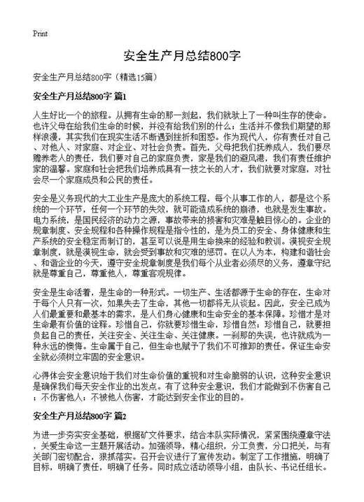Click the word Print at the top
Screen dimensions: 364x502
point(40,33)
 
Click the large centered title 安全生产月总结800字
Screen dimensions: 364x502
point(182,56)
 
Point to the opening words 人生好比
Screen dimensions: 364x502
point(49,112)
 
